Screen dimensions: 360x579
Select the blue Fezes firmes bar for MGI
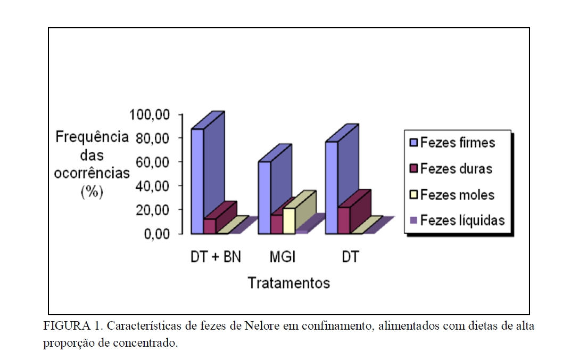coord(264,197)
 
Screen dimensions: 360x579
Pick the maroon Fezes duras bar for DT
coord(344,220)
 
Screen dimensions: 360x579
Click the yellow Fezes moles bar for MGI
coord(289,220)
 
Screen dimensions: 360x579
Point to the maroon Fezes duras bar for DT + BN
coord(210,226)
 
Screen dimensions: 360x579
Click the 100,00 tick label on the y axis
coord(151,114)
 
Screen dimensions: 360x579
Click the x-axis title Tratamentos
coord(289,283)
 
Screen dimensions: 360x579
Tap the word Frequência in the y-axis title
coord(92,137)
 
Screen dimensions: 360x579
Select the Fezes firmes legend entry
coord(452,143)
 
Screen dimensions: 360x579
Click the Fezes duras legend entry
coord(451,169)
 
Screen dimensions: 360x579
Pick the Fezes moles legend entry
coord(452,195)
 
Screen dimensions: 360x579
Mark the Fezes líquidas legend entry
coord(457,220)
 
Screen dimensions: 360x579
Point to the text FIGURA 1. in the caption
coord(66,326)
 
